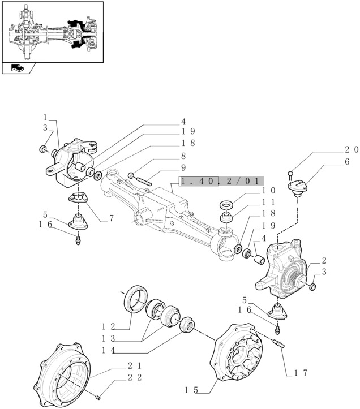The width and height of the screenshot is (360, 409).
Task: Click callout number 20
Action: coord(352,150)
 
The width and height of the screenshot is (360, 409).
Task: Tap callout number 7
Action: coord(112,218)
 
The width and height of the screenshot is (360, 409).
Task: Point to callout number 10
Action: coord(269,191)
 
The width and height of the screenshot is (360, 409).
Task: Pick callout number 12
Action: coord(109,326)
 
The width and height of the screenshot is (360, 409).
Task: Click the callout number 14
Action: coord(109,350)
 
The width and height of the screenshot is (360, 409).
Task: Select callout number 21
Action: coord(135,366)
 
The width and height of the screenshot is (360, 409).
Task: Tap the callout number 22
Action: coord(135,377)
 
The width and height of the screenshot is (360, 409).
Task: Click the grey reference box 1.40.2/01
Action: coord(221,181)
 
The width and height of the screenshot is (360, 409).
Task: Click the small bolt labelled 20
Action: coord(290,174)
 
